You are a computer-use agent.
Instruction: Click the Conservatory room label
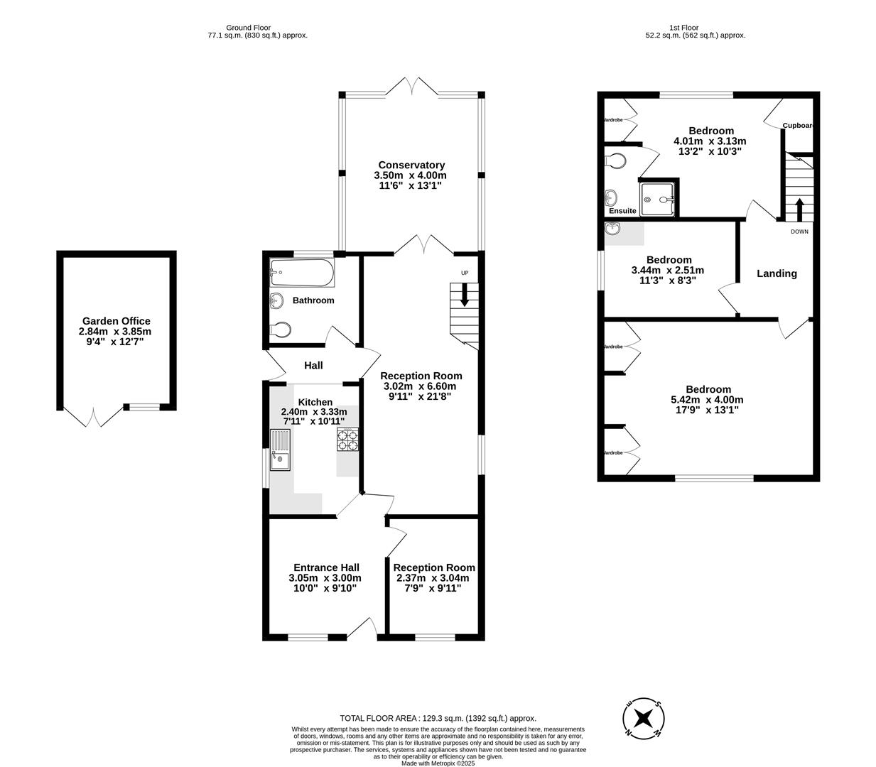411,165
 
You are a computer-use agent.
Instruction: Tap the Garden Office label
116,321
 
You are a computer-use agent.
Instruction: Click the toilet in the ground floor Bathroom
281,330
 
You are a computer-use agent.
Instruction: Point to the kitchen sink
280,450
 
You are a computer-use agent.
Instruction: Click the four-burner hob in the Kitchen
348,440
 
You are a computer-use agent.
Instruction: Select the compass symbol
644,717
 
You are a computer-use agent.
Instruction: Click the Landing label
777,273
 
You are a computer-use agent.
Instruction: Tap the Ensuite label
622,211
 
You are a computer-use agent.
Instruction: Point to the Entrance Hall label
326,567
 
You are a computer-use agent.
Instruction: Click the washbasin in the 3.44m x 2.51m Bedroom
613,229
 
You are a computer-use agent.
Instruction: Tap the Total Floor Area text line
438,718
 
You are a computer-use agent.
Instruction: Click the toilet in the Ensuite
616,161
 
